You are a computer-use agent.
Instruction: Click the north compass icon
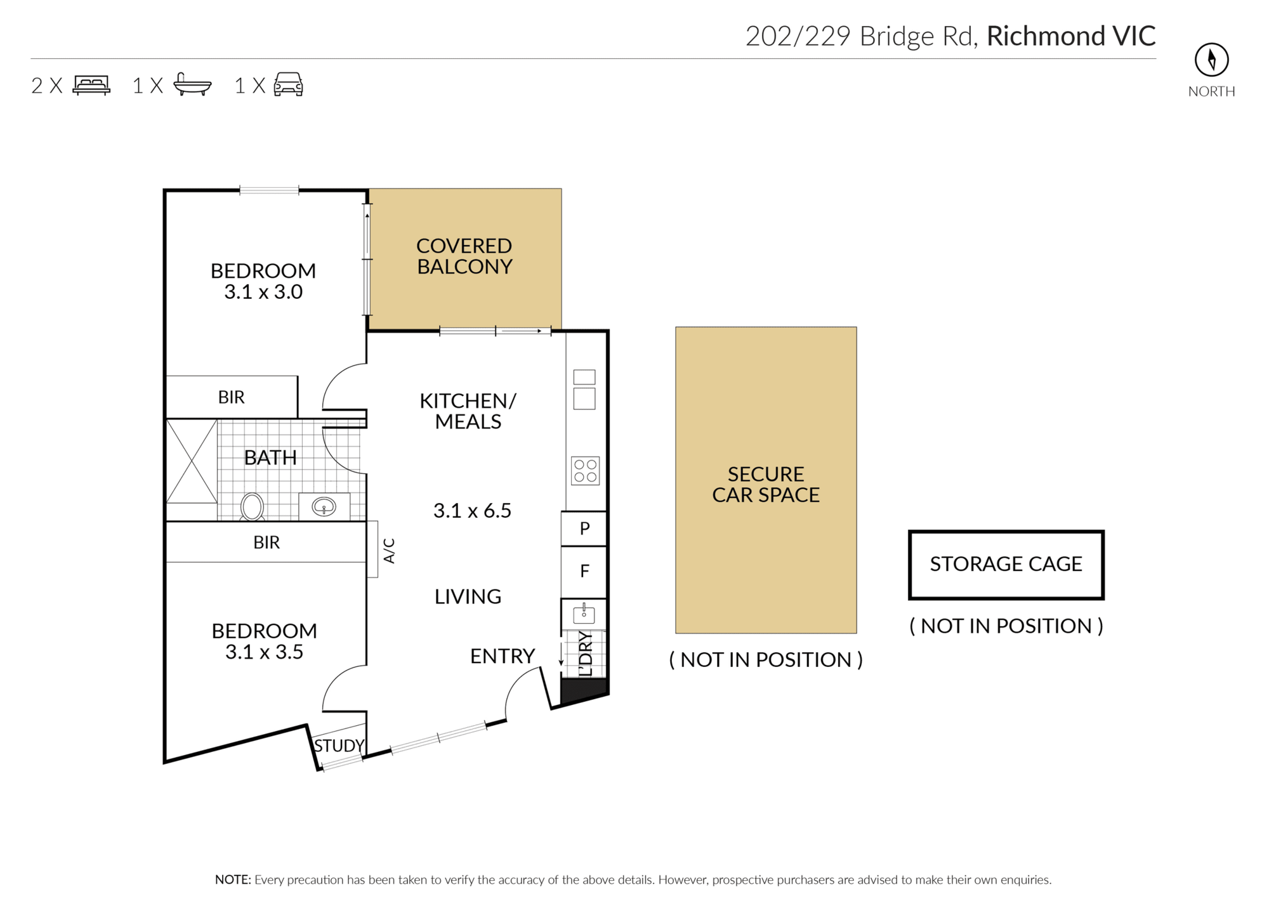[1211, 60]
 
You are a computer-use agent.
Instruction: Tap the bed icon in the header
[91, 85]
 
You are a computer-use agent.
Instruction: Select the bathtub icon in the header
[192, 84]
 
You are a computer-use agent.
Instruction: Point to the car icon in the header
[288, 84]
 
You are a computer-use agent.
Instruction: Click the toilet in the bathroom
[252, 507]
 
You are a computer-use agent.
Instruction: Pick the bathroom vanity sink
[324, 506]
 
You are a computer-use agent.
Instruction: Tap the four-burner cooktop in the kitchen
[585, 471]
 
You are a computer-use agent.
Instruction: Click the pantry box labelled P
[584, 529]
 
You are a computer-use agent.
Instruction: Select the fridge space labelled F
[584, 572]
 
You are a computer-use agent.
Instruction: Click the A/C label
[390, 551]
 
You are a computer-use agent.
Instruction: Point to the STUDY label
[339, 746]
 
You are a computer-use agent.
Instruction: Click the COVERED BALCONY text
[464, 256]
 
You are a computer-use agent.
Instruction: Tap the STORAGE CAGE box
[1006, 565]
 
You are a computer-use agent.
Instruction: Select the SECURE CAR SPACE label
[766, 485]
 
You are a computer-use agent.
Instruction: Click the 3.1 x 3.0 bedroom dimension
[263, 292]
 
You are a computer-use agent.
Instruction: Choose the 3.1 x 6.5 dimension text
[472, 511]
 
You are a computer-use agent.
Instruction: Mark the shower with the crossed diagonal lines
[192, 461]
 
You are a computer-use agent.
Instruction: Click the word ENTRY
[503, 656]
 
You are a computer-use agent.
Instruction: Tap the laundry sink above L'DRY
[584, 614]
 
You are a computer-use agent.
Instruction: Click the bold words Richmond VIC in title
[1071, 36]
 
